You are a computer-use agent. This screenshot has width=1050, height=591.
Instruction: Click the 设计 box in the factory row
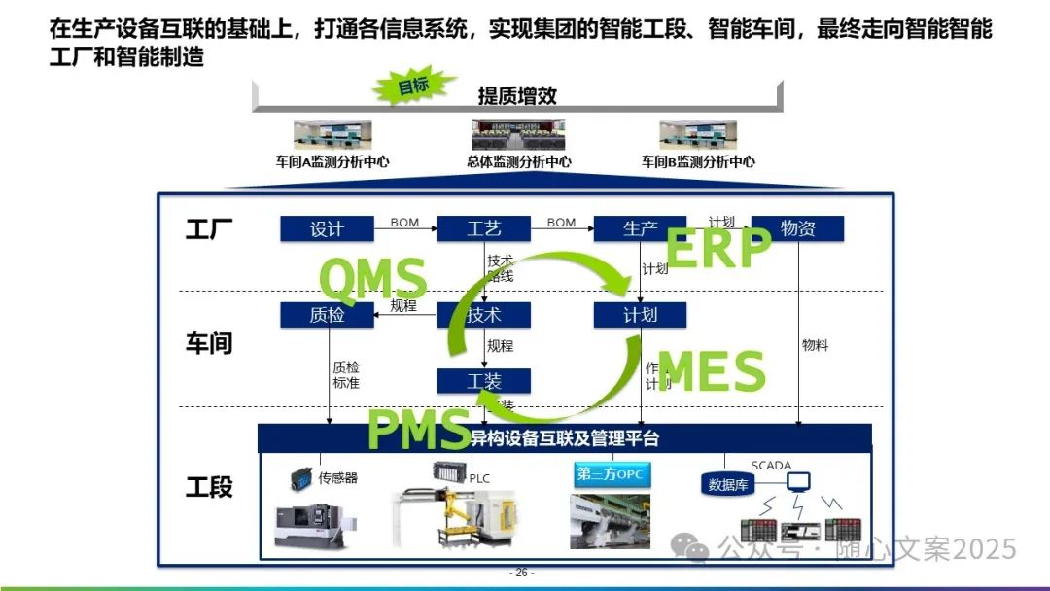pyautogui.click(x=327, y=229)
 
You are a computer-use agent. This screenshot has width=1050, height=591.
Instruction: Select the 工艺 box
pyautogui.click(x=483, y=229)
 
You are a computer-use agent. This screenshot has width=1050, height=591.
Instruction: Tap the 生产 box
pyautogui.click(x=640, y=229)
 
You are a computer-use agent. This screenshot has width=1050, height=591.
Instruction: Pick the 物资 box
pyautogui.click(x=797, y=229)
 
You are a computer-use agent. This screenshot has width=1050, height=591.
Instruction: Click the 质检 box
pyautogui.click(x=327, y=315)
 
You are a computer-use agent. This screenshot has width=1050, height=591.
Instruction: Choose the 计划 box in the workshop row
pyautogui.click(x=640, y=315)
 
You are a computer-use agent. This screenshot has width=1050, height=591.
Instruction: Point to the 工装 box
pyautogui.click(x=483, y=381)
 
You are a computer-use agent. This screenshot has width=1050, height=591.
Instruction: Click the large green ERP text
pyautogui.click(x=717, y=249)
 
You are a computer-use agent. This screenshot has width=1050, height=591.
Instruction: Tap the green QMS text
pyautogui.click(x=372, y=279)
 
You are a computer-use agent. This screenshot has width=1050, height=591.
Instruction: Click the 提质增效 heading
pyautogui.click(x=517, y=96)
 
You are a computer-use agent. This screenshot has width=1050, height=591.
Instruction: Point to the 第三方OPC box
pyautogui.click(x=611, y=474)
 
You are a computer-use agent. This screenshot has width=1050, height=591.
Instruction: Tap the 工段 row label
pyautogui.click(x=209, y=487)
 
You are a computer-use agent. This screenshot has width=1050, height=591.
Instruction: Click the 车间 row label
pyautogui.click(x=209, y=343)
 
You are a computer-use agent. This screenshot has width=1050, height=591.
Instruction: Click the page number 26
pyautogui.click(x=522, y=573)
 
